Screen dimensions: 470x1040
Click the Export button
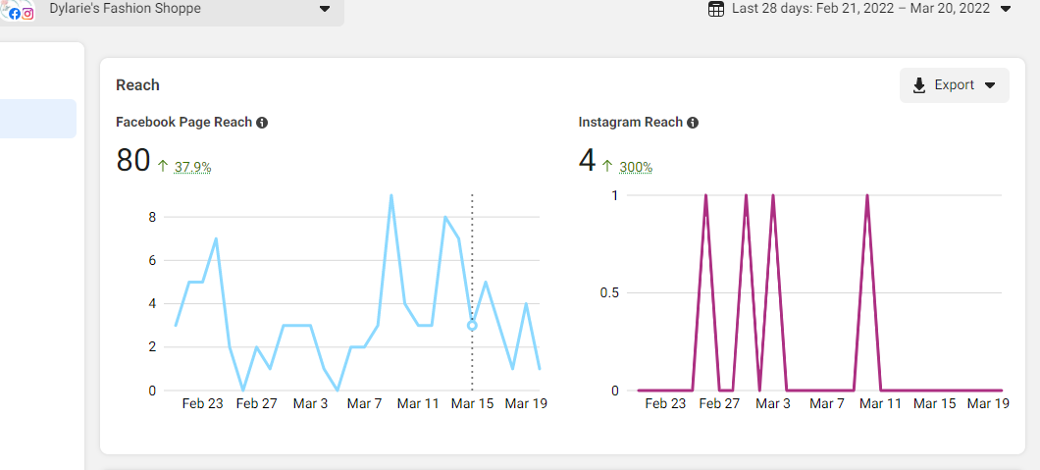click(954, 85)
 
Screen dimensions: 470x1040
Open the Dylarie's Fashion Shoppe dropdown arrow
click(325, 10)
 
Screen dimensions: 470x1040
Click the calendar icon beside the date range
click(716, 9)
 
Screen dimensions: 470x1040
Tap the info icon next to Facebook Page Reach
click(262, 123)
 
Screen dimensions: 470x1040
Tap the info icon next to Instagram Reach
click(693, 123)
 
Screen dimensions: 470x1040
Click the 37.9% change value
click(192, 167)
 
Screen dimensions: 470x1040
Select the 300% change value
click(635, 167)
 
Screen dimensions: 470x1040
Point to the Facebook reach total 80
click(132, 160)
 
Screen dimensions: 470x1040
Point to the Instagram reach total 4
click(587, 160)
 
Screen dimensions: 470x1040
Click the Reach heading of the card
click(137, 85)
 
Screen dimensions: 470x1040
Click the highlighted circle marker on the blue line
click(472, 325)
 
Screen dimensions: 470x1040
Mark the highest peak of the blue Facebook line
click(391, 195)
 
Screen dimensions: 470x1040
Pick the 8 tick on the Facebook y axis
click(152, 217)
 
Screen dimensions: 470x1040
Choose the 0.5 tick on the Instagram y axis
click(610, 292)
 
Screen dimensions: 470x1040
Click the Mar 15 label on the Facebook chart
click(472, 403)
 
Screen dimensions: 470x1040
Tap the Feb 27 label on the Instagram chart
click(719, 403)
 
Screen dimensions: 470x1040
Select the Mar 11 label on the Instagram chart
click(879, 403)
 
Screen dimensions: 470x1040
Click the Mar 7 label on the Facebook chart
click(364, 403)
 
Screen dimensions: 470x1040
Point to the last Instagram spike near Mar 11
click(867, 196)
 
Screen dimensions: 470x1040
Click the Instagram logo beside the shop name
click(27, 14)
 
